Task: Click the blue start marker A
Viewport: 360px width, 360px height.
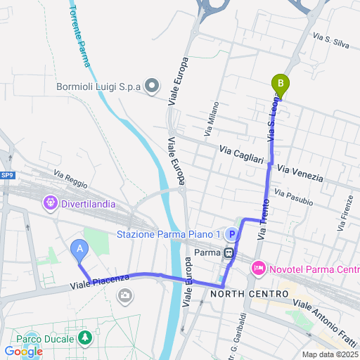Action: (x=79, y=249)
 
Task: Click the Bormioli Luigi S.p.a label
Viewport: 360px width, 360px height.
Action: (x=98, y=87)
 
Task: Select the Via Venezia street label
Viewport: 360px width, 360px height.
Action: (x=300, y=173)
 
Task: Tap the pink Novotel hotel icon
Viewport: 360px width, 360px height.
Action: (x=258, y=269)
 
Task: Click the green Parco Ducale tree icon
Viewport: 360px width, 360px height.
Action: (x=85, y=339)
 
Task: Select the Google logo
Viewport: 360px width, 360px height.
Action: (x=23, y=352)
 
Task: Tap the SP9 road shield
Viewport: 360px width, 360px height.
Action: (x=6, y=175)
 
